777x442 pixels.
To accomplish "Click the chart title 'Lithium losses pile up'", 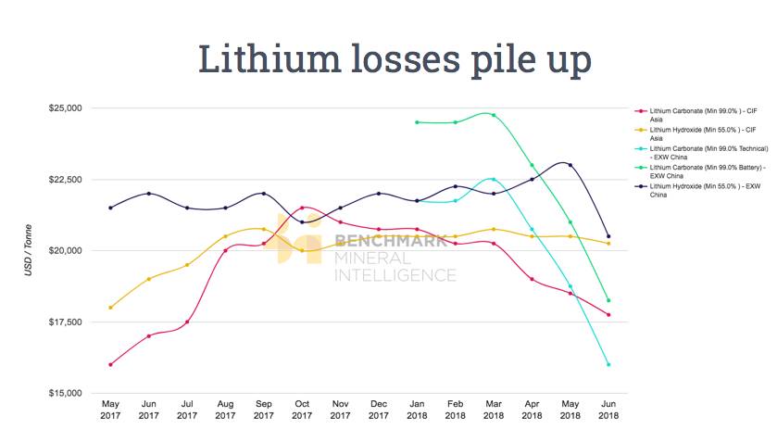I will (395, 59).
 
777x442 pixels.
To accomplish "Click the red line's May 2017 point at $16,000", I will (110, 364).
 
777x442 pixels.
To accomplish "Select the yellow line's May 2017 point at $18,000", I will (110, 308).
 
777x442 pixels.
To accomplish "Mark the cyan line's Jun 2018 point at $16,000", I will (608, 364).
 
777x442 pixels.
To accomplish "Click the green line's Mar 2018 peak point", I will (494, 116).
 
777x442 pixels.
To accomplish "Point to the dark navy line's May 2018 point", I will (570, 165).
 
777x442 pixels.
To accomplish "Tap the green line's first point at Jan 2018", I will (417, 122).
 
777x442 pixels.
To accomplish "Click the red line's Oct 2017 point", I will (302, 208).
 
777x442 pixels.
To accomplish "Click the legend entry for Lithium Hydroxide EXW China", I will (706, 191).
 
